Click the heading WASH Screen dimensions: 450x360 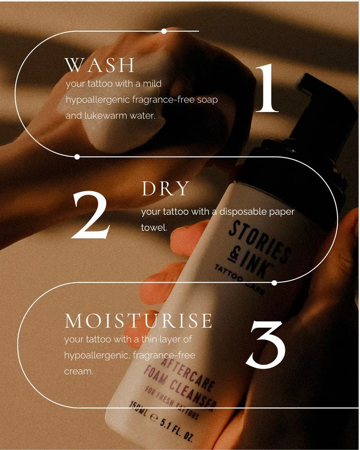click(x=100, y=65)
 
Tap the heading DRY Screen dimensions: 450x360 click(x=165, y=189)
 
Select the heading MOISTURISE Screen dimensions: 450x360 click(x=138, y=321)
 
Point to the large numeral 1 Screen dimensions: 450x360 click(x=267, y=89)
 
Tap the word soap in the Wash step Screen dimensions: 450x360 click(x=207, y=100)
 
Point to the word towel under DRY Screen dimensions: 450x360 click(x=154, y=227)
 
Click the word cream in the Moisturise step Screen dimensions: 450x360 click(x=78, y=371)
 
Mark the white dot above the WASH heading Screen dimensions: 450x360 click(x=164, y=31)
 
